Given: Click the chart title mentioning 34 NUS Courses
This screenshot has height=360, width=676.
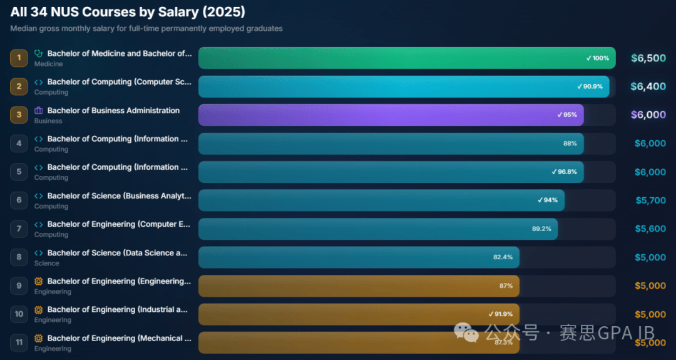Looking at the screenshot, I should [128, 12].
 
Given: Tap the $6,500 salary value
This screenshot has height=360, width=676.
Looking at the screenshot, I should [648, 58].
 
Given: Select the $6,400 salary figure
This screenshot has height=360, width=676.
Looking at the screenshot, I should [648, 86].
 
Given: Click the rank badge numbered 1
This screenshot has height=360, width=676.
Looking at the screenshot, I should [19, 58].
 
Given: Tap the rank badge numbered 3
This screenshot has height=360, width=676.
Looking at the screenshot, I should [19, 115].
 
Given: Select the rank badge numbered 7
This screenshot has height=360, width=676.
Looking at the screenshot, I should [19, 229].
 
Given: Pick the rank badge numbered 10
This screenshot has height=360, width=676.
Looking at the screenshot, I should [19, 314].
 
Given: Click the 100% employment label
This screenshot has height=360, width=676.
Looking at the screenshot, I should [598, 58].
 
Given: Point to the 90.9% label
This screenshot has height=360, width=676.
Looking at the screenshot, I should [590, 86].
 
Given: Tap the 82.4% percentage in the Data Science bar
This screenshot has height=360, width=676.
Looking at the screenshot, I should [503, 257].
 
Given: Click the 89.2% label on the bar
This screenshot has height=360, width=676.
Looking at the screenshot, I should [541, 229].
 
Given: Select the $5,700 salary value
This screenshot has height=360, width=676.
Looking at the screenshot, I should [650, 200].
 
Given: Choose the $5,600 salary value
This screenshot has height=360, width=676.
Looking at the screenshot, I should [650, 229].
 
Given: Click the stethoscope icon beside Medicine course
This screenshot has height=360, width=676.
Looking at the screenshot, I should [39, 54].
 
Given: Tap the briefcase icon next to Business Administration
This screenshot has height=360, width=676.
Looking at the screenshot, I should [39, 111].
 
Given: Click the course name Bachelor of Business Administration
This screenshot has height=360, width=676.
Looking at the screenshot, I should [113, 111].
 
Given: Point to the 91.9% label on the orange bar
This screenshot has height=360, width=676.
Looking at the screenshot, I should [500, 314].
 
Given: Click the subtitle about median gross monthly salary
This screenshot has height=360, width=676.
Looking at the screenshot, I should [146, 29].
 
